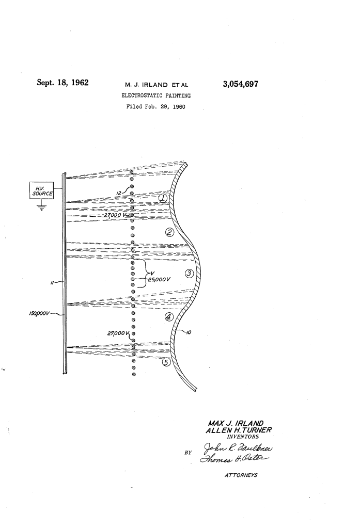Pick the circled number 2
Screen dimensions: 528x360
point(169,232)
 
